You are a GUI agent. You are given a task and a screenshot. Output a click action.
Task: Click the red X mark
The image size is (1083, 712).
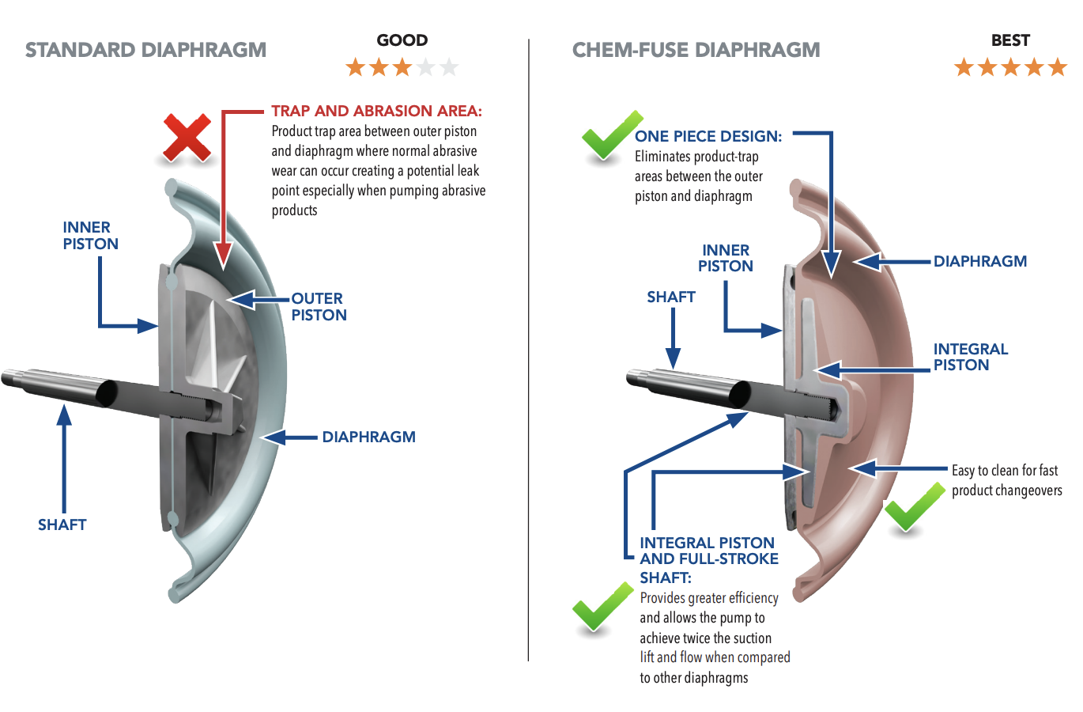tap(187, 138)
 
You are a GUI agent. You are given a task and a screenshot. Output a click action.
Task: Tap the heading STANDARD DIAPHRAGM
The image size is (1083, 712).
tap(145, 50)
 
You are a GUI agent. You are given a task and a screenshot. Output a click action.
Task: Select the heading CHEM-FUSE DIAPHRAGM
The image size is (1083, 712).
tap(696, 50)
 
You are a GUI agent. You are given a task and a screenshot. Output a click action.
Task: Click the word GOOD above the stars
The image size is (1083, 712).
tap(402, 40)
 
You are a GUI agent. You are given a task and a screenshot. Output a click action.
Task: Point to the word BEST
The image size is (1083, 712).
tap(1010, 40)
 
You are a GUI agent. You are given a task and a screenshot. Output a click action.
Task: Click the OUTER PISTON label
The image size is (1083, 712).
tap(319, 307)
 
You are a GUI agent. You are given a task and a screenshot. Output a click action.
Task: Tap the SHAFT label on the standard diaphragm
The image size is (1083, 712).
tap(62, 525)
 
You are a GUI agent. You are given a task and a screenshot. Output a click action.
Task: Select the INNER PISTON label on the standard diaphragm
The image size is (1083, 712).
tap(90, 236)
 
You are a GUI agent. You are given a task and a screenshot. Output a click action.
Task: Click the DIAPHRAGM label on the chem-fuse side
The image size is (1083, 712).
tap(979, 261)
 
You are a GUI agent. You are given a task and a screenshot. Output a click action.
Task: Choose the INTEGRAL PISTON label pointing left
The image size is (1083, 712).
tap(970, 357)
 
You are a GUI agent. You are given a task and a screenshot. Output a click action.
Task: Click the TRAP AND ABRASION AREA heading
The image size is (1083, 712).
tap(376, 111)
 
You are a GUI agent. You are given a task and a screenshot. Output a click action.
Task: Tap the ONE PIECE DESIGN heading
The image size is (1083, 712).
tap(708, 136)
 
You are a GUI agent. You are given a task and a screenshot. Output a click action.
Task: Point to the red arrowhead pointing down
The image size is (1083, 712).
tap(224, 257)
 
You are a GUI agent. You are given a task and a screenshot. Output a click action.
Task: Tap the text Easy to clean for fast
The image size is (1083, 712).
tap(1004, 471)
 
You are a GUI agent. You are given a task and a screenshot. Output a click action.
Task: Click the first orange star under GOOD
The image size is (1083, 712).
tap(356, 67)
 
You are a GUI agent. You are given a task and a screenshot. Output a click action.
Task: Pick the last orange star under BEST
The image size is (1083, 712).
tap(1057, 67)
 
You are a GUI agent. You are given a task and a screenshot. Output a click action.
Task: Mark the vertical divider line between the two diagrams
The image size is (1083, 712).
tap(528, 348)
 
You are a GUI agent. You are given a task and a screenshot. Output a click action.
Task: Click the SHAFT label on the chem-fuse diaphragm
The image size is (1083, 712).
tap(670, 297)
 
